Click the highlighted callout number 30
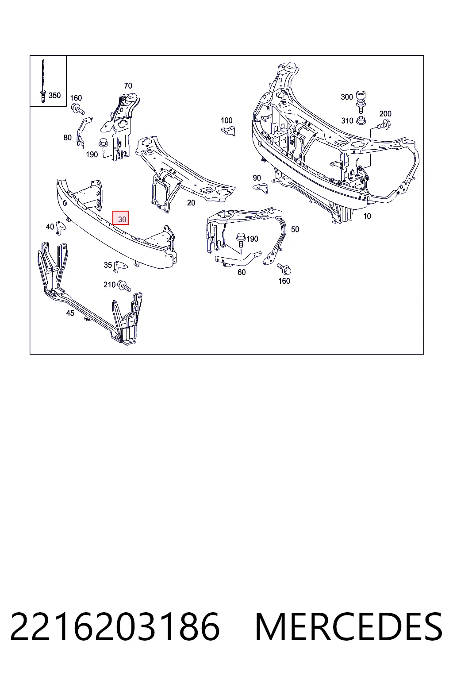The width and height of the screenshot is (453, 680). [122, 219]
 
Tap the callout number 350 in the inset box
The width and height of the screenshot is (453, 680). [54, 95]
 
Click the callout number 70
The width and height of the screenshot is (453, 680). [128, 85]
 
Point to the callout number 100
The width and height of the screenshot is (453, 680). [226, 120]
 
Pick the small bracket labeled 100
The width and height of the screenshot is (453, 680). [228, 131]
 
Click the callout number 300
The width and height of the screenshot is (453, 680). [347, 97]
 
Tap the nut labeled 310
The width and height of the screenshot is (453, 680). [361, 120]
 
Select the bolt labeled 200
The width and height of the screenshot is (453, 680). [384, 124]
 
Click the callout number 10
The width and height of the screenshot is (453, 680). [367, 216]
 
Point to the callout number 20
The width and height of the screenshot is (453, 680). [191, 202]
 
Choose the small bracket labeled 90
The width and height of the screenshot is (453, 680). [261, 188]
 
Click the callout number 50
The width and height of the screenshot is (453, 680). [295, 229]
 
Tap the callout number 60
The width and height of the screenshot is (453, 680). [242, 272]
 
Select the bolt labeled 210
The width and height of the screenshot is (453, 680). [124, 286]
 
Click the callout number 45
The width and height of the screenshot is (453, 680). [70, 313]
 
